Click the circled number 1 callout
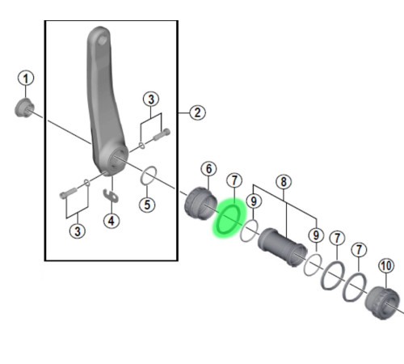pos(26,78)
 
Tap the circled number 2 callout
pos(197,112)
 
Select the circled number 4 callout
pos(112,221)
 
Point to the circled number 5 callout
pos(147,205)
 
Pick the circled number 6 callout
pos(208,169)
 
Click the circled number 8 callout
pos(284,182)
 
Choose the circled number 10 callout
pos(386,266)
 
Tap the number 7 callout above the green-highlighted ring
pos(234,180)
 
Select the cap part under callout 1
pos(23,108)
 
